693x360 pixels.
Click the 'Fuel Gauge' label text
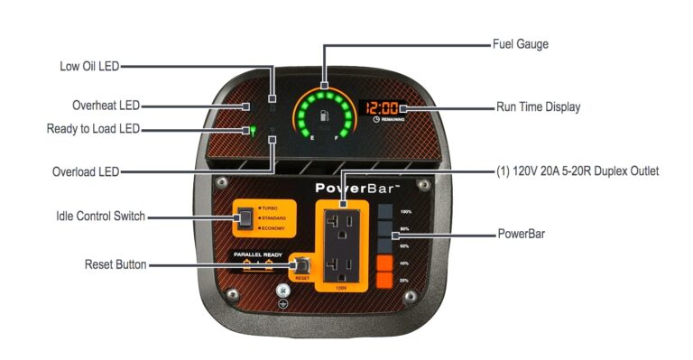[x=520, y=43]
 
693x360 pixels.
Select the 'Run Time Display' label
[x=538, y=106]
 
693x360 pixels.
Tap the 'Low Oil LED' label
[x=88, y=65]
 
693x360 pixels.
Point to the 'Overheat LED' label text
[x=106, y=106]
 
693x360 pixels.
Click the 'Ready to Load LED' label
[x=93, y=129]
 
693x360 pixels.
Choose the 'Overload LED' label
[x=87, y=171]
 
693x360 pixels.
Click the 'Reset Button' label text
[x=115, y=265]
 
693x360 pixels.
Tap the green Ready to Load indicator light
[x=254, y=130]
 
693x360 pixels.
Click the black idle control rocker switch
[x=245, y=217]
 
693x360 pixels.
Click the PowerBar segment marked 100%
[x=384, y=211]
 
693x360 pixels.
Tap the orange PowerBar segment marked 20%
[x=384, y=280]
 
